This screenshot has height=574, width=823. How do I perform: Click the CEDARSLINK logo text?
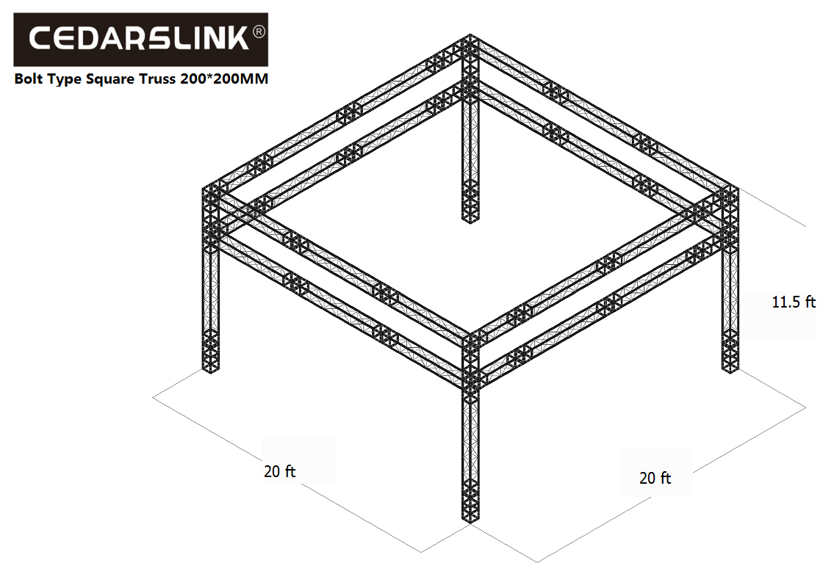pyautogui.click(x=139, y=39)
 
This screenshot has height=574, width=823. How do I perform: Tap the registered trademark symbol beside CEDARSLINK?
pyautogui.click(x=259, y=32)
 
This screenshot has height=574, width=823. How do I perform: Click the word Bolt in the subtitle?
pyautogui.click(x=29, y=79)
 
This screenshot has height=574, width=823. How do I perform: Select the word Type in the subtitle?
pyautogui.click(x=65, y=80)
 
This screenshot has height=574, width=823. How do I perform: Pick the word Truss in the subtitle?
pyautogui.click(x=157, y=79)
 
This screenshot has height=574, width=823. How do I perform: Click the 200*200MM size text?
pyautogui.click(x=224, y=79)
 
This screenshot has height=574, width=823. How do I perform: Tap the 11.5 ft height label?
pyautogui.click(x=794, y=302)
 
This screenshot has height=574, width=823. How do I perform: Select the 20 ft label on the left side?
pyautogui.click(x=279, y=471)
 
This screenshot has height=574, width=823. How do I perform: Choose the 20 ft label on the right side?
pyautogui.click(x=655, y=478)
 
